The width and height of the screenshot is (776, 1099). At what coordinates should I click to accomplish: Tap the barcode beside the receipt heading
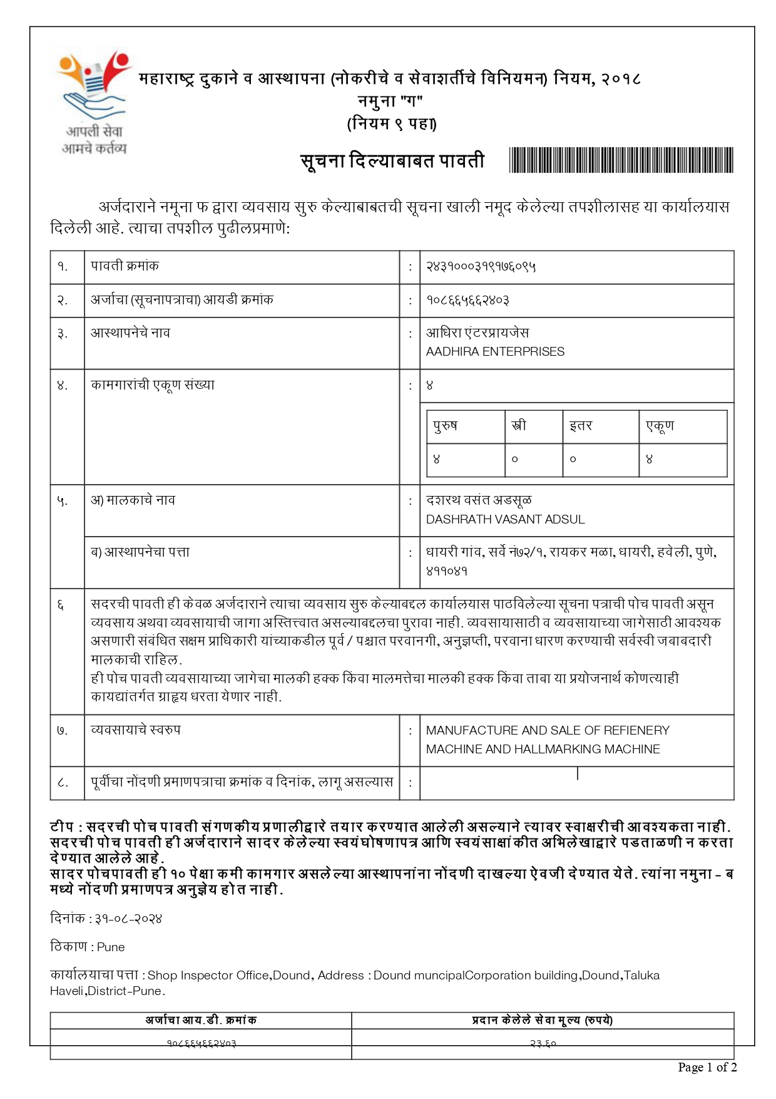point(621,160)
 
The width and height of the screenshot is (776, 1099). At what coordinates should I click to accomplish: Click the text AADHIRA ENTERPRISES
point(495,352)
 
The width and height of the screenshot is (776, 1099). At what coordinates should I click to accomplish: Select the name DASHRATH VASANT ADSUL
point(505,519)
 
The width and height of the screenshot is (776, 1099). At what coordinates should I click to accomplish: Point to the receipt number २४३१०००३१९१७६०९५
point(481,267)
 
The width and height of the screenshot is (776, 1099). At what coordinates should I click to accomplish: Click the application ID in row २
point(467,301)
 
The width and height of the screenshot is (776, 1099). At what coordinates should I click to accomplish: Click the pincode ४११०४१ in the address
point(447,571)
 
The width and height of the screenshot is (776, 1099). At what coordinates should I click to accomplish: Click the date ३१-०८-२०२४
point(128,919)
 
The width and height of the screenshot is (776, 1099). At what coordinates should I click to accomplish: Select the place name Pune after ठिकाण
point(111,947)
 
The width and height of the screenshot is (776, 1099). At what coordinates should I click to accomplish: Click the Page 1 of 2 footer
point(707,1067)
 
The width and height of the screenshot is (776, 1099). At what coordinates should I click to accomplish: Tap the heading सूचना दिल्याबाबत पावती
point(392,161)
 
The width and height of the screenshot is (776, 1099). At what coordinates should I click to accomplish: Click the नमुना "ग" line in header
point(391,101)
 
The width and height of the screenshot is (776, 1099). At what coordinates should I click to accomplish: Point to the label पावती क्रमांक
point(125,266)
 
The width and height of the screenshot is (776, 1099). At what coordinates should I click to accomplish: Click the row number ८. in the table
point(63,782)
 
